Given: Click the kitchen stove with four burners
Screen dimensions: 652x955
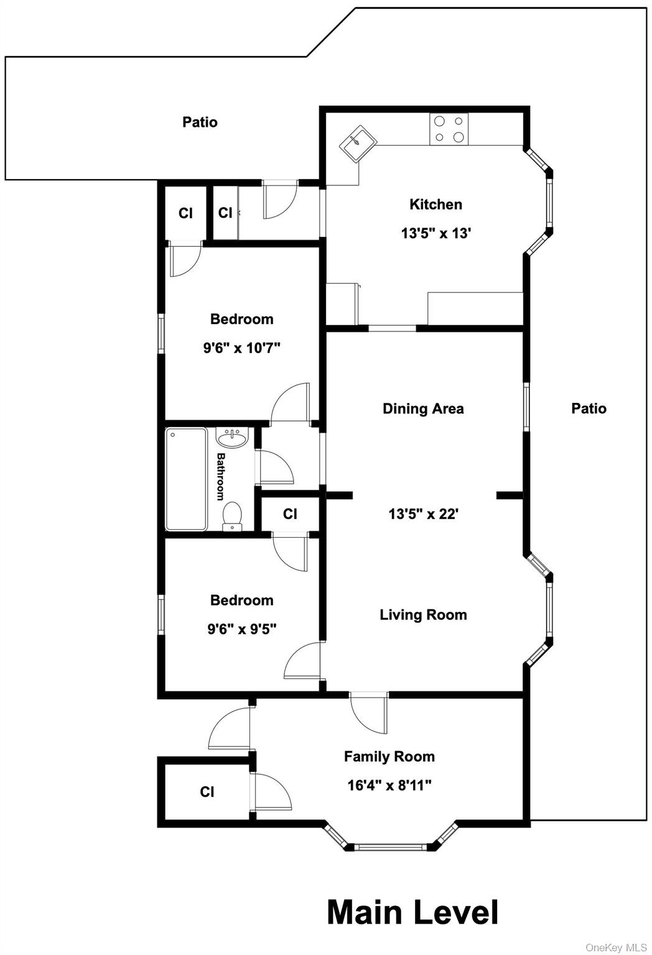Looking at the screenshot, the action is coord(449,129).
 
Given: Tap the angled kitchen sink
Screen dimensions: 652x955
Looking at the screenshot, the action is coord(358,144).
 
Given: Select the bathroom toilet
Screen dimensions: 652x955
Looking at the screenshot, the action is coord(232,516).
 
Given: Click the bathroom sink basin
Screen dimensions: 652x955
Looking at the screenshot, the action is coord(231,438).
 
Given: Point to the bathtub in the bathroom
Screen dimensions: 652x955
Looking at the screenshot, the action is coord(187,479).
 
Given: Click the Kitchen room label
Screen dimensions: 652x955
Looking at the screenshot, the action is coord(435,205).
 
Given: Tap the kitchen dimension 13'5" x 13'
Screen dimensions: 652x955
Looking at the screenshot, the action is coord(435,233).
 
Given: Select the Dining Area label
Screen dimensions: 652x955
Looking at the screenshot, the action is coord(423,408).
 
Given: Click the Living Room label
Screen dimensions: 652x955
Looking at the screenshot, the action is coord(423,614).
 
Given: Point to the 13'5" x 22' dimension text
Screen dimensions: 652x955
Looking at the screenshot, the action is coord(423,514).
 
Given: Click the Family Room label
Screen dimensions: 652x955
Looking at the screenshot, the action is coord(389,756).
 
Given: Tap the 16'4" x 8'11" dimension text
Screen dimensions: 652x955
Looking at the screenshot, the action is coord(389,785).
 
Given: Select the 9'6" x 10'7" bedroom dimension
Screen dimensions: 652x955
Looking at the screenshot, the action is coord(241,348).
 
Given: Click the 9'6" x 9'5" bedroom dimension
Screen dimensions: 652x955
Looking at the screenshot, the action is coord(241,629).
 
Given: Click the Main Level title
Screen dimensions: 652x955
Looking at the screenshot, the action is coord(412,912).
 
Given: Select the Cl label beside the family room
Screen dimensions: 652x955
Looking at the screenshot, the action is coord(207,791).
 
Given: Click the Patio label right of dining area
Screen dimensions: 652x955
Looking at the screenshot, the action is coord(589,408).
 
